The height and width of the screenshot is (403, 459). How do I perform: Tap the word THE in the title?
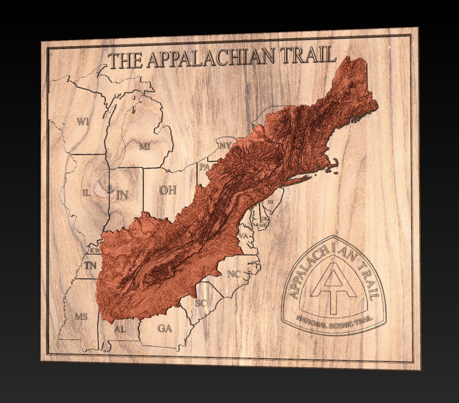125,61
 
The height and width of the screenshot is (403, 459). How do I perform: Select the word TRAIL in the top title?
308,55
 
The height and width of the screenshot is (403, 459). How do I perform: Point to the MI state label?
144,147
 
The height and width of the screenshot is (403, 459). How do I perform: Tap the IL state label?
86,193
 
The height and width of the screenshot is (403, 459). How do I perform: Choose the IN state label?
122,195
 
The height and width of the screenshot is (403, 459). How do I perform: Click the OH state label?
167,190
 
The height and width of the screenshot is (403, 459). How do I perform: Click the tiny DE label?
264,219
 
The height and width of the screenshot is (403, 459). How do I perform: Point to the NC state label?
234,274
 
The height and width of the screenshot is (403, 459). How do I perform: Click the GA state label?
164,328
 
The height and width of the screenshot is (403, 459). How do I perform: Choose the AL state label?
120,329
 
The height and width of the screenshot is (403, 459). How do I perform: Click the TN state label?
91,266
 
